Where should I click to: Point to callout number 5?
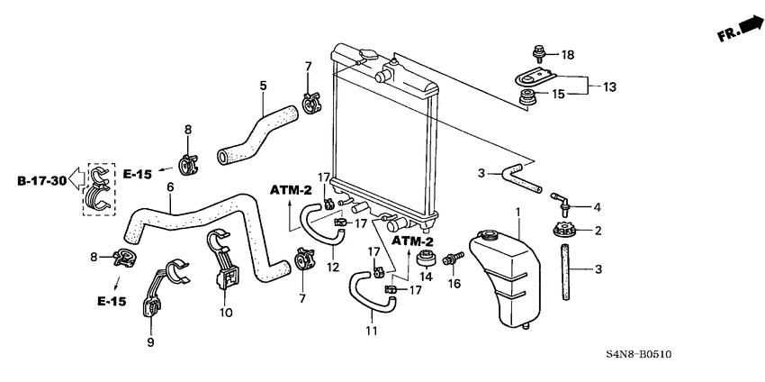pos(263,86)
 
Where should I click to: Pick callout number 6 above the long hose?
pos(168,186)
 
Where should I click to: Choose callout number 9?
pos(151,342)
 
